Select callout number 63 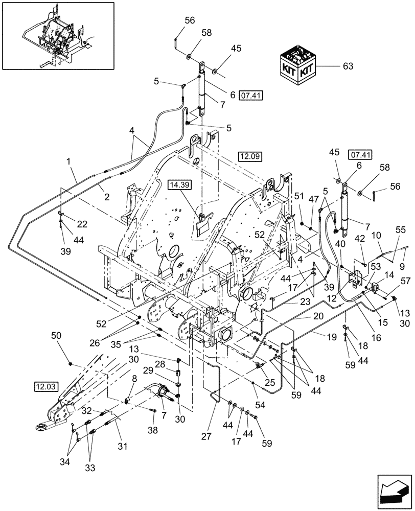(x=348, y=66)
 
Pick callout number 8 (x=134, y=379)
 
